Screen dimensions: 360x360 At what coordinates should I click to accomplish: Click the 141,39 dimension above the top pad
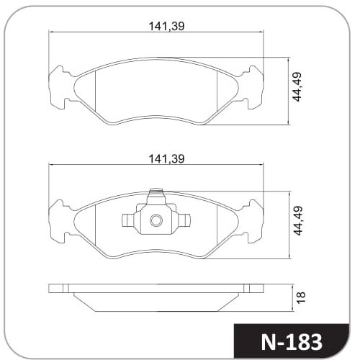167,26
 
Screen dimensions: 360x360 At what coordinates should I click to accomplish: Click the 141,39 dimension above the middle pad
167,159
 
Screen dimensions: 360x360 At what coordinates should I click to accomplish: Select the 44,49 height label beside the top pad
297,87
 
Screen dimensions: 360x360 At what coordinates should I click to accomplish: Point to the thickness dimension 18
301,297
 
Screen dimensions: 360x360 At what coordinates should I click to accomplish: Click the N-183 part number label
292,342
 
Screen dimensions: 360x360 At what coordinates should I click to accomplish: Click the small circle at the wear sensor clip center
156,220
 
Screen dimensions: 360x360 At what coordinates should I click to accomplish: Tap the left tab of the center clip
128,220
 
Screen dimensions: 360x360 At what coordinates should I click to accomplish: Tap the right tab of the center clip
184,220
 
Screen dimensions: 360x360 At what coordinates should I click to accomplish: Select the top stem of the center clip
156,197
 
